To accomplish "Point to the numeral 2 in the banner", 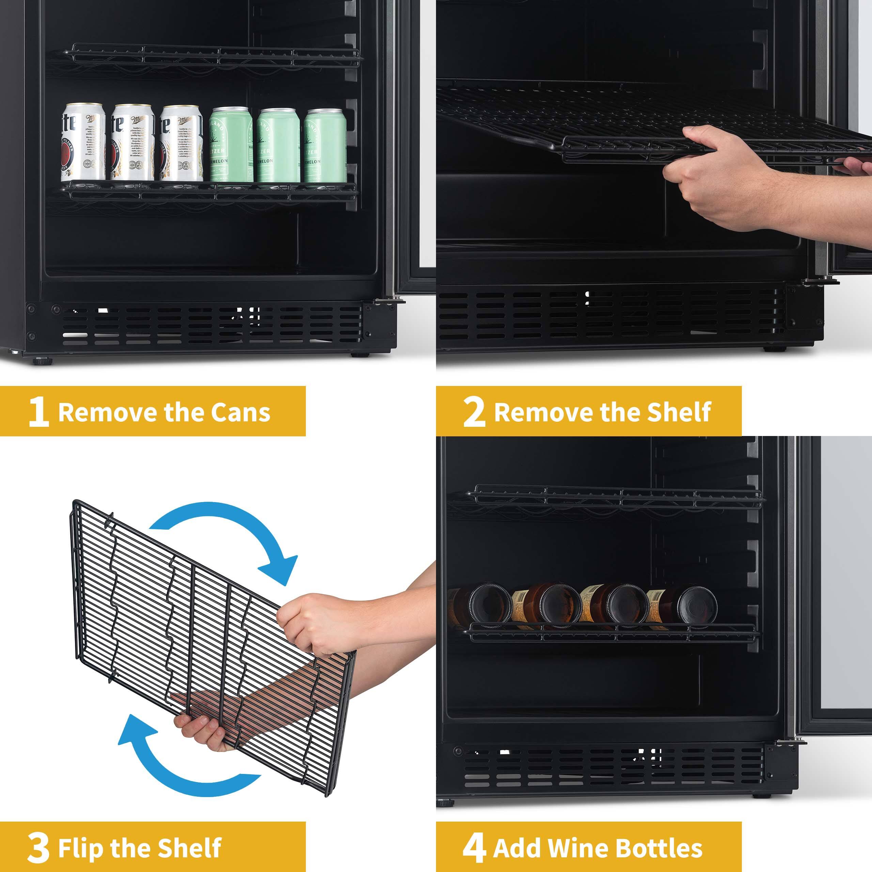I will tap(474, 411).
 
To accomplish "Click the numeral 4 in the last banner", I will tap(474, 847).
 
